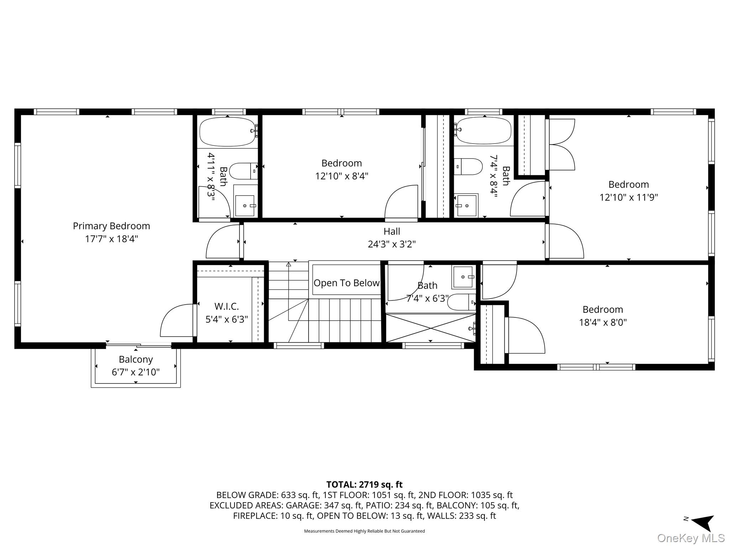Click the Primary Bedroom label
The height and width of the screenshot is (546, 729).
(x=111, y=226)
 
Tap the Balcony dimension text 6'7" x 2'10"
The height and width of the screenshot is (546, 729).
(x=136, y=372)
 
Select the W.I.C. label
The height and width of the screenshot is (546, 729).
(x=226, y=306)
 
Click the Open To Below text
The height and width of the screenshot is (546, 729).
(x=346, y=283)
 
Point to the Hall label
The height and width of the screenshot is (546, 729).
(x=392, y=231)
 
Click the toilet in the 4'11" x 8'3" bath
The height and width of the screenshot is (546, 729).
(x=243, y=171)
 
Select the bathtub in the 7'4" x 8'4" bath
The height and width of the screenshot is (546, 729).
(x=484, y=131)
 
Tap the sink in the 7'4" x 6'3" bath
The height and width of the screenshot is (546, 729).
(x=463, y=277)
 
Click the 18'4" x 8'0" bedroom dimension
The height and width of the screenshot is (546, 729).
(x=603, y=322)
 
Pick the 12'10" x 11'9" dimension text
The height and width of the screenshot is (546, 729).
(x=629, y=197)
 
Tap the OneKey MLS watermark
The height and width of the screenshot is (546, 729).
(x=691, y=538)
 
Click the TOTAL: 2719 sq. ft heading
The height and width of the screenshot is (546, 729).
(x=364, y=485)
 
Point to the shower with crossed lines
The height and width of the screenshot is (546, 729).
(x=430, y=327)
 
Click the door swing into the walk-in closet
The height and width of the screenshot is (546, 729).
(x=177, y=321)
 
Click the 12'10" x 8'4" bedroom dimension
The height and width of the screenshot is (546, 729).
(x=341, y=176)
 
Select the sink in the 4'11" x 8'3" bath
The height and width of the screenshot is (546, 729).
(x=245, y=205)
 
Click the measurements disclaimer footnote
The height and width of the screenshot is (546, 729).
(x=364, y=531)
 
